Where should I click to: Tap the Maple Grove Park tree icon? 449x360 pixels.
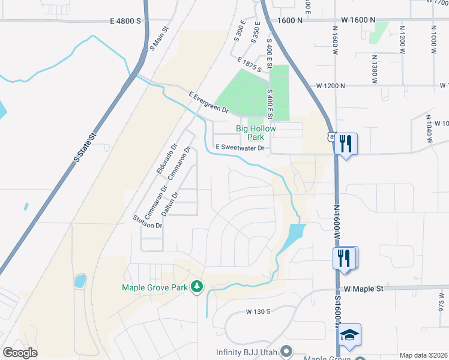click(196, 286)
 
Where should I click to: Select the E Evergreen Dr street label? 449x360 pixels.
click(209, 103)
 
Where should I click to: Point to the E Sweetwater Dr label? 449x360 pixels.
click(240, 148)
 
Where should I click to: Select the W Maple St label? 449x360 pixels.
click(363, 289)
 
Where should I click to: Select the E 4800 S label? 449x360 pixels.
click(125, 20)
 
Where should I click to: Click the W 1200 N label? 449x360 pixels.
click(331, 86)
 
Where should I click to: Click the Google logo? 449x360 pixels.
click(20, 353)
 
